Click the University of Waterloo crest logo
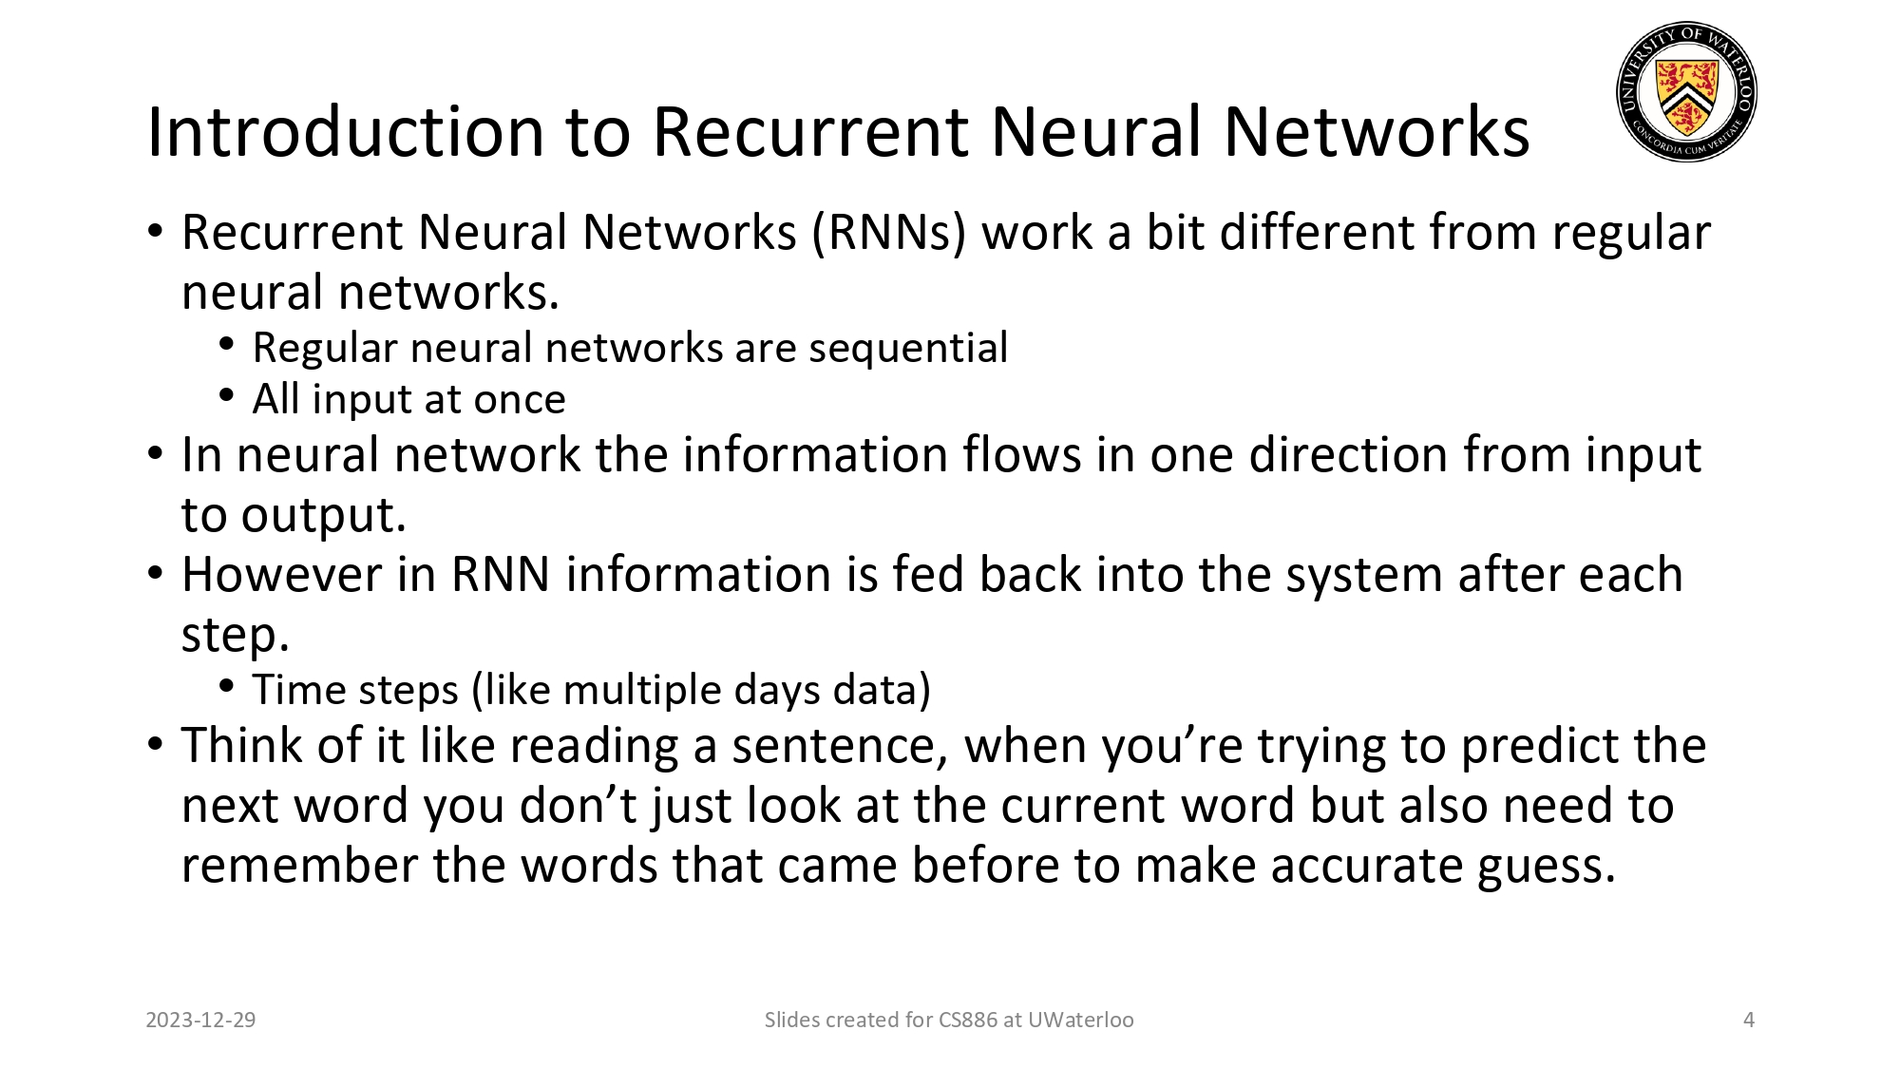(x=1686, y=92)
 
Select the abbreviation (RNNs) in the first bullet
(x=888, y=233)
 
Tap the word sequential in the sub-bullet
(x=908, y=348)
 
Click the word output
(x=323, y=516)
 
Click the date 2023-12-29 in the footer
(x=200, y=1021)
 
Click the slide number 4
(x=1749, y=1021)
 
